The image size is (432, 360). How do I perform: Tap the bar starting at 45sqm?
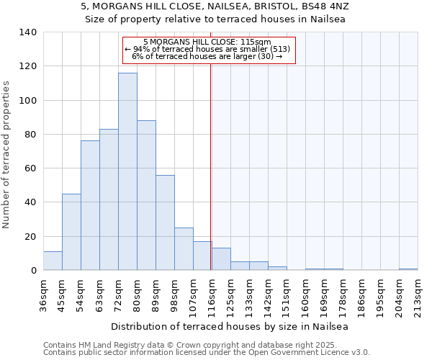pyautogui.click(x=71, y=232)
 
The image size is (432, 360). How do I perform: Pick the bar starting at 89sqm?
pyautogui.click(x=165, y=222)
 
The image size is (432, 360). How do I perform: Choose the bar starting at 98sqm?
pyautogui.click(x=184, y=249)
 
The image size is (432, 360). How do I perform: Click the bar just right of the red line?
pyautogui.click(x=221, y=259)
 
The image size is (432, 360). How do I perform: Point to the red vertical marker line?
pyautogui.click(x=210, y=166)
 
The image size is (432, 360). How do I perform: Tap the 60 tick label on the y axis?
pyautogui.click(x=30, y=168)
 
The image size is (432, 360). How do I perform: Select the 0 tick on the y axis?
pyautogui.click(x=33, y=271)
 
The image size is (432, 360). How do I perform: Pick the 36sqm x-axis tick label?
pyautogui.click(x=43, y=294)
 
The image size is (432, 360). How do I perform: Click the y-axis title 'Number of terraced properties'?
pyautogui.click(x=7, y=154)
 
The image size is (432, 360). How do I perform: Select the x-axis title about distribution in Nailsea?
pyautogui.click(x=230, y=326)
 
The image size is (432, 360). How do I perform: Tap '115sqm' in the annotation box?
pyautogui.click(x=256, y=42)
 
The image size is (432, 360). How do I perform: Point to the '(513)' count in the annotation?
pyautogui.click(x=279, y=49)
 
